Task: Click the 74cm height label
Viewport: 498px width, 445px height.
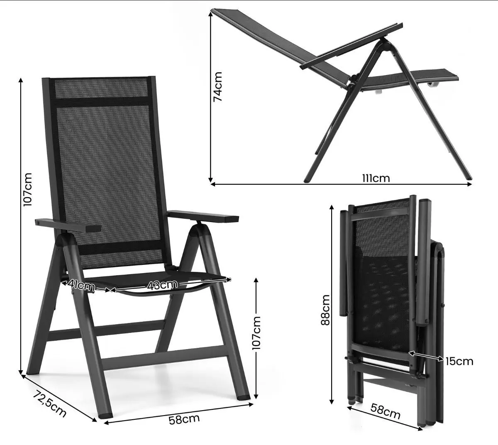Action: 218,86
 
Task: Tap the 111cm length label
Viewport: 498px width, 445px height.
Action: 376,178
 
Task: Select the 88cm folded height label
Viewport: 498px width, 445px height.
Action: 326,310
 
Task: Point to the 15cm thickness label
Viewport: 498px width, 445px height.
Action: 459,361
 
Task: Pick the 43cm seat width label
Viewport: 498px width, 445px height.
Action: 162,285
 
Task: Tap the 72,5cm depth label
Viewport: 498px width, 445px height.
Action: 50,403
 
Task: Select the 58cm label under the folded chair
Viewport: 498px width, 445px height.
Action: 385,411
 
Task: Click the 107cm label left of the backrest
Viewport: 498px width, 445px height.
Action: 27,189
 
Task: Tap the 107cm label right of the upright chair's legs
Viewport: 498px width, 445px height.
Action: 256,333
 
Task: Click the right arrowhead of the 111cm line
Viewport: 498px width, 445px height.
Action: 469,184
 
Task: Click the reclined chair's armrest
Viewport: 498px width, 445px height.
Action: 351,46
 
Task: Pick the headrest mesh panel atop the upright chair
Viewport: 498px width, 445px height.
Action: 101,88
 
